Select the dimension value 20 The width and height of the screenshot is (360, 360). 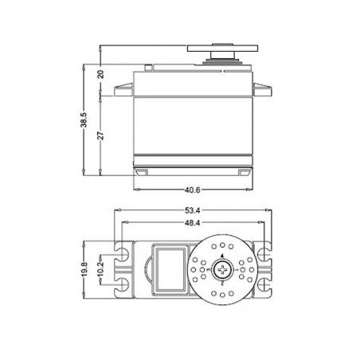100,74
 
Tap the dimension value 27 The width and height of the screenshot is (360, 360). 100,133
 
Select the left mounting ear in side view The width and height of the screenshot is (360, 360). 123,84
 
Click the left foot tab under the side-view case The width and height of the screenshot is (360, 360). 143,170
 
